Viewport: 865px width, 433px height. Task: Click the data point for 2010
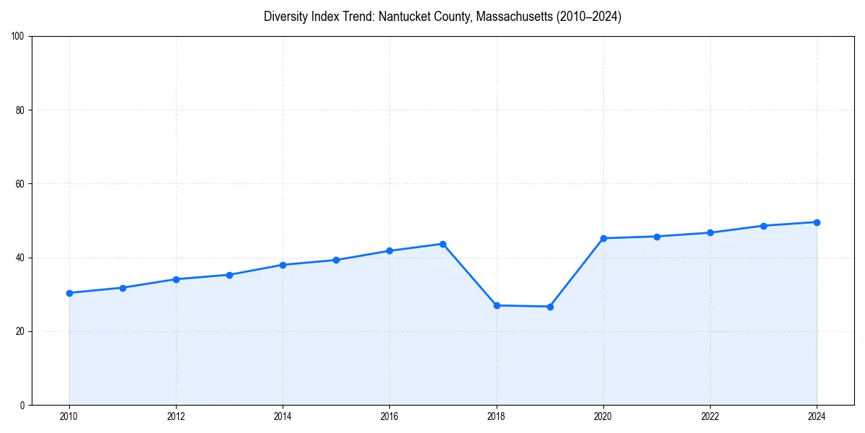coord(69,293)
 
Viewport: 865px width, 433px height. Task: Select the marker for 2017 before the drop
coord(443,244)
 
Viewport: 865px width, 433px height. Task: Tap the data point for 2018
coord(497,305)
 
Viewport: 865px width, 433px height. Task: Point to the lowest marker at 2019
coord(550,307)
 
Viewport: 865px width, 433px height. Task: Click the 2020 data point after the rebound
coord(603,238)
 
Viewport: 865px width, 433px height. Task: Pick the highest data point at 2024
coord(817,222)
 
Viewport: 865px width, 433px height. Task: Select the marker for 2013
coord(229,275)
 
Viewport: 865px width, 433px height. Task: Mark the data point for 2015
coord(336,260)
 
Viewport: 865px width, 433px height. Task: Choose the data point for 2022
coord(710,232)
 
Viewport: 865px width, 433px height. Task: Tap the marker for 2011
coord(123,288)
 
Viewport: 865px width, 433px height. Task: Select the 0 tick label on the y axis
coord(23,405)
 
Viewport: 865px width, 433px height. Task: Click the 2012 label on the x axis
coord(176,416)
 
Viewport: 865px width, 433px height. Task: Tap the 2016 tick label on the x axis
coord(389,416)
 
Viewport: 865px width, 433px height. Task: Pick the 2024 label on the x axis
coord(817,416)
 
